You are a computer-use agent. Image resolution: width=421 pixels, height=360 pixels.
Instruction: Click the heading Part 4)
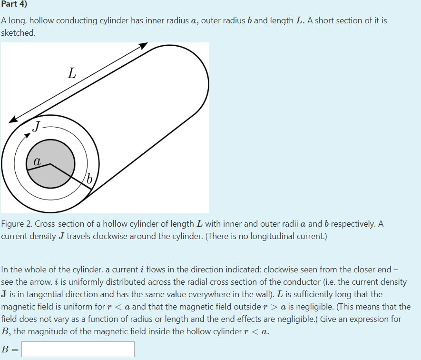coord(14,4)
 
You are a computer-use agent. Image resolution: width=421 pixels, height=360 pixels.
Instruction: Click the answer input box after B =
coord(78,349)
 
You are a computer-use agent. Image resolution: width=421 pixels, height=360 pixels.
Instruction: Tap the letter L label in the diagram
coord(71,74)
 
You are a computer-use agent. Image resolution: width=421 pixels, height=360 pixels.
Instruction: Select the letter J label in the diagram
coord(37,127)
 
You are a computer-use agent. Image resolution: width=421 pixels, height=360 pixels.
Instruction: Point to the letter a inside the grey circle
coord(37,162)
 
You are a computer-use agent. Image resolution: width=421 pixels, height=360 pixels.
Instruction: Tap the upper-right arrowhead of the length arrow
coord(143,46)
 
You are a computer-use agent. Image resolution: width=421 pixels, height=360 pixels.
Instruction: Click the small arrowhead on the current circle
coord(28,135)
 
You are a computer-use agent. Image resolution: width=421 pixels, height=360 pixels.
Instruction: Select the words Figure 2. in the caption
coord(17,224)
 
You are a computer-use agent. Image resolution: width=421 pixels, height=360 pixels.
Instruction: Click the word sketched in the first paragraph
coord(18,33)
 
